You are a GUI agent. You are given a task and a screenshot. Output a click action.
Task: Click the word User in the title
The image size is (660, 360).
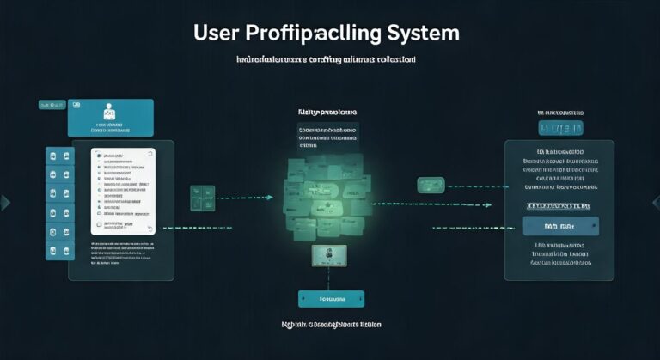217,34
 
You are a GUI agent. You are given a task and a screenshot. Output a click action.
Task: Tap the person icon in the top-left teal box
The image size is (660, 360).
108,112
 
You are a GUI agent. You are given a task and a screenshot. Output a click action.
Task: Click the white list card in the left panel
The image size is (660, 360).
123,191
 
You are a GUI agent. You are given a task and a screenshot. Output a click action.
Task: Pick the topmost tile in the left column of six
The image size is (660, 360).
52,156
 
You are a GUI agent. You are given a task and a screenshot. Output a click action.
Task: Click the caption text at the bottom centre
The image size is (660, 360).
331,326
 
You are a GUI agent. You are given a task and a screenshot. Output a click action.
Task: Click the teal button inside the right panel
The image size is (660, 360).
560,226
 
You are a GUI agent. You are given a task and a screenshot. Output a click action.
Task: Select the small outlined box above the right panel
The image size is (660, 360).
559,128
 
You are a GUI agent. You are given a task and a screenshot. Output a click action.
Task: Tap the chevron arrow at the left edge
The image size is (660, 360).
5,203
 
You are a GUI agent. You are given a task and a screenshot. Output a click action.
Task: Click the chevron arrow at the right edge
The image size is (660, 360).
655,203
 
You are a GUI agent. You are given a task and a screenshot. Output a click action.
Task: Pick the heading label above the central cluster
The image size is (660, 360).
327,113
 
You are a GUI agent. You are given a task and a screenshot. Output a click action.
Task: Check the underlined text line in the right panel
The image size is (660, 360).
559,205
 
